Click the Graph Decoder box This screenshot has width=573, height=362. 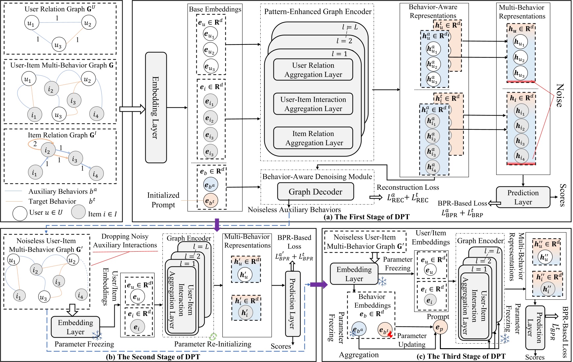[x=315, y=192]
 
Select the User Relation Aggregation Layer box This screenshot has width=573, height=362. [x=313, y=70]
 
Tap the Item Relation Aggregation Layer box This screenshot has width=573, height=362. [x=313, y=138]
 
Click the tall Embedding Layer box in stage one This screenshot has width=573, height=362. [x=156, y=107]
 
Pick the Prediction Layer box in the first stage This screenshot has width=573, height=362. [x=523, y=197]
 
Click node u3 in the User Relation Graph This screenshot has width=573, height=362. [x=58, y=45]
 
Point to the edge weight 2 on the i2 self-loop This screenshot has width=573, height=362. [x=35, y=144]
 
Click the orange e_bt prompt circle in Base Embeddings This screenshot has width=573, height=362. [x=211, y=201]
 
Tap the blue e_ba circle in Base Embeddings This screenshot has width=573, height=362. [x=211, y=185]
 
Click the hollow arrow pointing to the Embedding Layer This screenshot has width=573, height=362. [x=132, y=109]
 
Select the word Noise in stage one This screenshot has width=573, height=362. [x=559, y=95]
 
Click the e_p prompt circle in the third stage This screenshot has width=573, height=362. [x=440, y=327]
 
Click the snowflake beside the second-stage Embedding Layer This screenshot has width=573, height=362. [x=97, y=336]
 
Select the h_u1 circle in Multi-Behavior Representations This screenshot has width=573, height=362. [x=520, y=42]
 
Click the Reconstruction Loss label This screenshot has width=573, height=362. [x=408, y=187]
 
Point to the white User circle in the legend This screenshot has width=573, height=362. [x=20, y=213]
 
